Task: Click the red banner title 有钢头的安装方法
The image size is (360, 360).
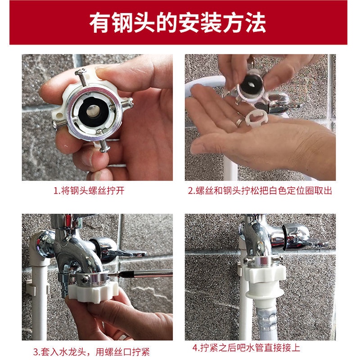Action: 177,23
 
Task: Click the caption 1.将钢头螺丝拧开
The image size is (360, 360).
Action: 89,190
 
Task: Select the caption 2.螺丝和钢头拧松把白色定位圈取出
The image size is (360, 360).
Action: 260,190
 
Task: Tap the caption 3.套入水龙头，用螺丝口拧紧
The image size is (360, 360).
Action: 91,352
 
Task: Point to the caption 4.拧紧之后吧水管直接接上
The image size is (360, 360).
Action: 246,347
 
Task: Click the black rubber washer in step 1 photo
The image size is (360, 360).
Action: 93,112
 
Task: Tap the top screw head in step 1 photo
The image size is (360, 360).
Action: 81,72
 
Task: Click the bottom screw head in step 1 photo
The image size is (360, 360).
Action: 104,149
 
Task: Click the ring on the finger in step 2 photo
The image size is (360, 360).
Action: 239,122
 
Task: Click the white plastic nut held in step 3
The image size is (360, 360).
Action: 94,292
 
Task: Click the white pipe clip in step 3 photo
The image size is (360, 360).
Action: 37,288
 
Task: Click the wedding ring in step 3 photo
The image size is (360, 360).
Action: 122,337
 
